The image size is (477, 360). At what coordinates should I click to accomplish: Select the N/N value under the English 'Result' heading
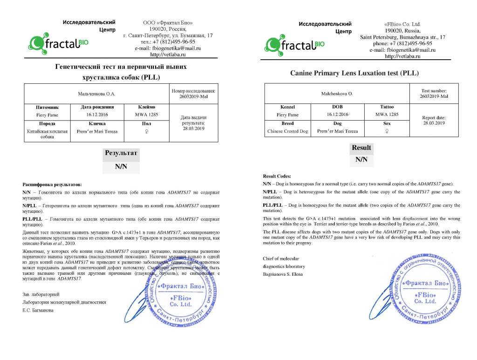click(x=361, y=160)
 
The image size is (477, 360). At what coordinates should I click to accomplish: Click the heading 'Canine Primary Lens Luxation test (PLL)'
click(x=354, y=73)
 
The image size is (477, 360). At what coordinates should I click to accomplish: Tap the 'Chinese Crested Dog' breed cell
click(x=288, y=131)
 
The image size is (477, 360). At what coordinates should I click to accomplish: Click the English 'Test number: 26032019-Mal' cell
click(x=434, y=93)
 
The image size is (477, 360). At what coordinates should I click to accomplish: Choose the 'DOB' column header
click(x=337, y=107)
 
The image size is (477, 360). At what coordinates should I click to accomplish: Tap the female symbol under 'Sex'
click(x=387, y=131)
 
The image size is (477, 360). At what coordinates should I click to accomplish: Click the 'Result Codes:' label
click(x=277, y=176)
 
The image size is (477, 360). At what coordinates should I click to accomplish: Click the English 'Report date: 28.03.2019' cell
click(x=434, y=121)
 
